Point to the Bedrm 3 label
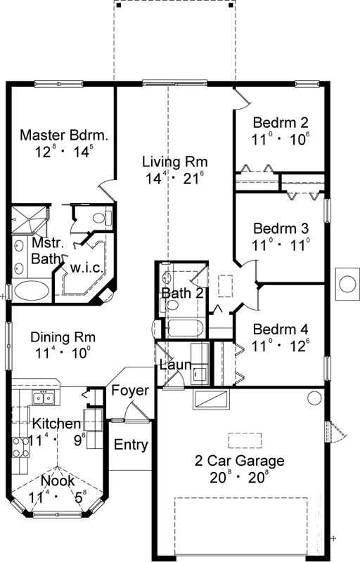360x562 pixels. point(281,228)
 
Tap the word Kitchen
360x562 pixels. point(56,424)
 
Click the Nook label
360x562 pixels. point(58,481)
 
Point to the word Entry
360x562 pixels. point(131,445)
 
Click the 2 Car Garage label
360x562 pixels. point(240,462)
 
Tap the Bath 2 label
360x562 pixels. point(182,292)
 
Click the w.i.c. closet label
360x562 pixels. point(86,268)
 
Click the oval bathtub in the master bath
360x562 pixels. point(32,290)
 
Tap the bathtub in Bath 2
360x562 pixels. point(184,328)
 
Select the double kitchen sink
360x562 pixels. point(44,399)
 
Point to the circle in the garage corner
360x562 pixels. point(313,398)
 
